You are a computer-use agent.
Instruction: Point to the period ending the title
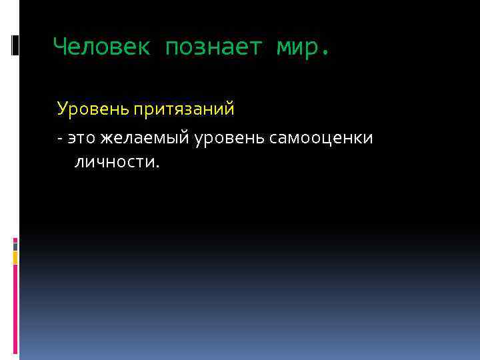point(325,53)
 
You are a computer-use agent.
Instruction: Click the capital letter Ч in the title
point(60,47)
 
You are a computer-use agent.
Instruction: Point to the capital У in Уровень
point(62,107)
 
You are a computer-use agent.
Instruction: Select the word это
point(81,138)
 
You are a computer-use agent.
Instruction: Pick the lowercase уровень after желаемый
point(230,138)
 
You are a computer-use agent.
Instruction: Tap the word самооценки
point(321,138)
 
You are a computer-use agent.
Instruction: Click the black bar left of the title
point(15,45)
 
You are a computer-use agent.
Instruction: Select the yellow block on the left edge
point(15,257)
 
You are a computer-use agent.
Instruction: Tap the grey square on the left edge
point(15,246)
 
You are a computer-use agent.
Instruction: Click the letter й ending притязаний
point(230,107)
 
